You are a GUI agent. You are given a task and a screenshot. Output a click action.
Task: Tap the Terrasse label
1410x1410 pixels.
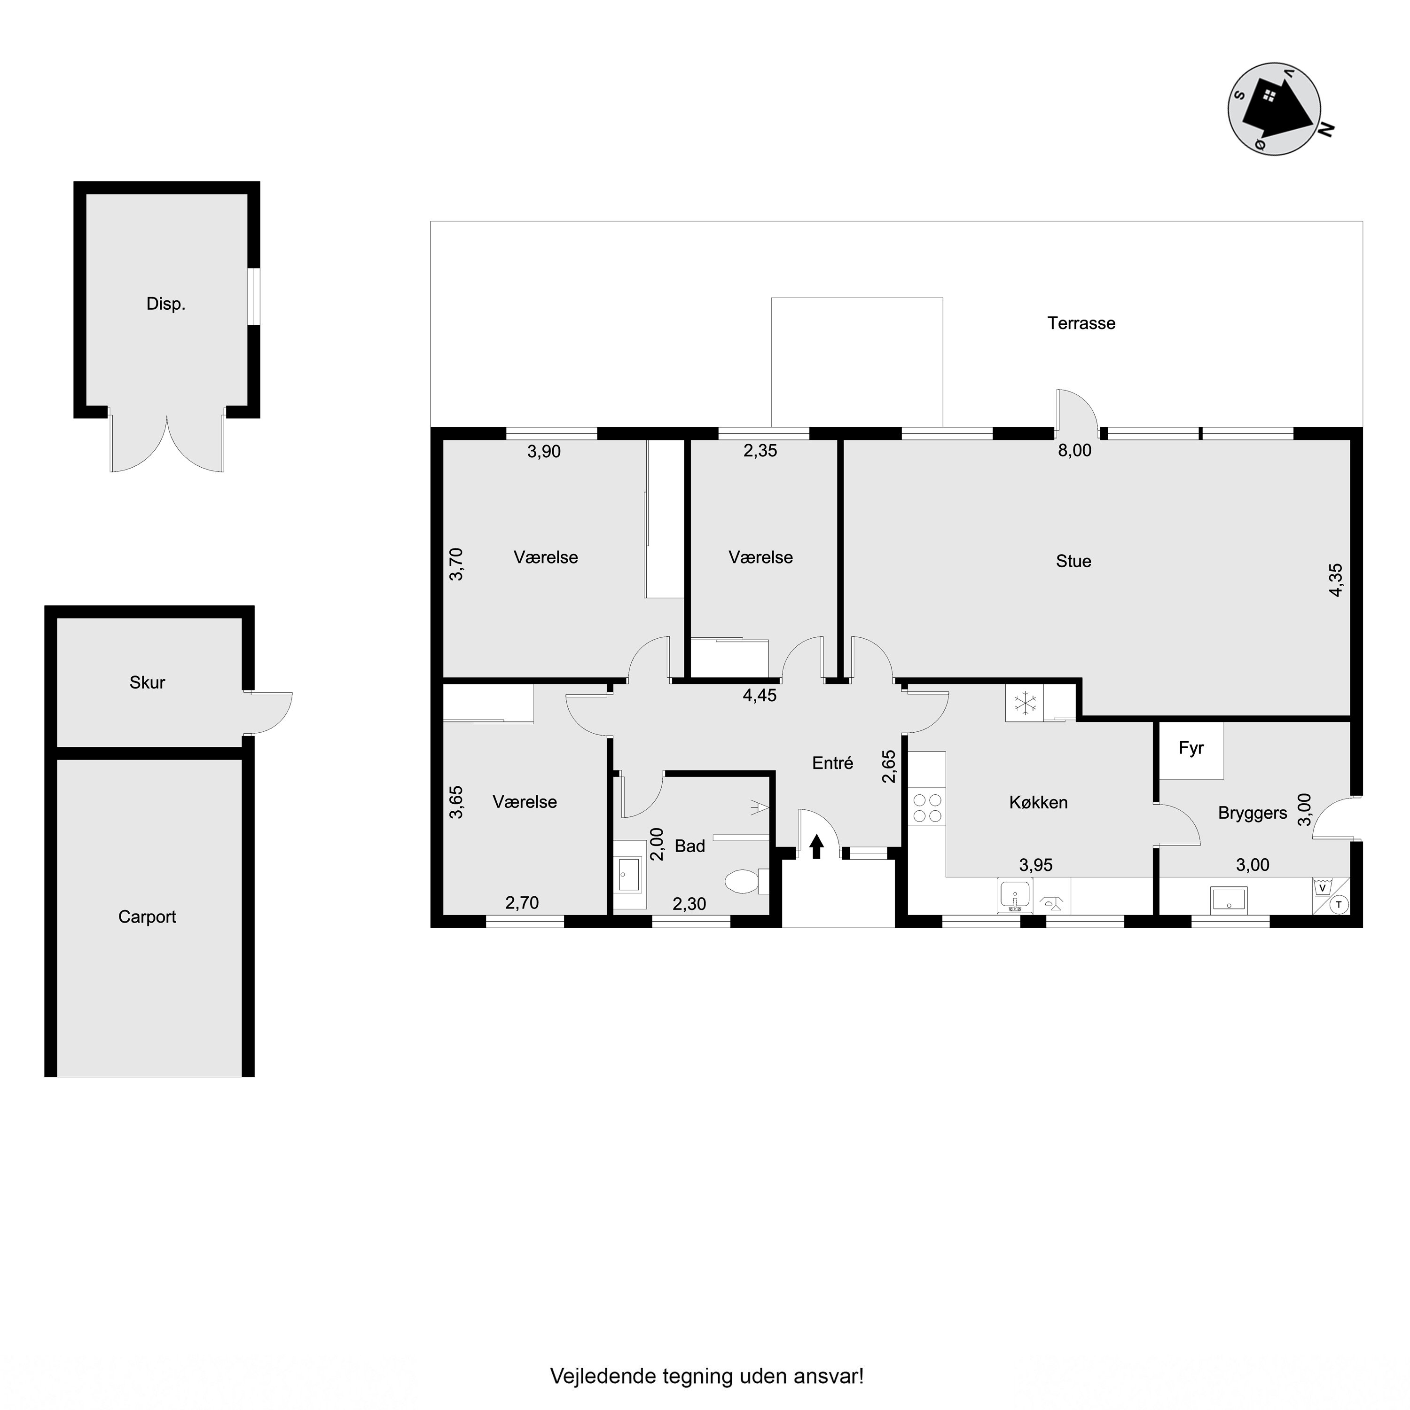[x=1081, y=323]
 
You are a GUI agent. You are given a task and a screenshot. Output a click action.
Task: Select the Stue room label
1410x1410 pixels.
[x=1073, y=561]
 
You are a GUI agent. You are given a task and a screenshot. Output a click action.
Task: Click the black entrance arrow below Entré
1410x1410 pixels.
[x=817, y=846]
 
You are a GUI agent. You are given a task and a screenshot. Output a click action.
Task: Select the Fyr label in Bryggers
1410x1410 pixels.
[x=1191, y=748]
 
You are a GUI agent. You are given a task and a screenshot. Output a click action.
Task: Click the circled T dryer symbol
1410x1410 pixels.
[x=1339, y=905]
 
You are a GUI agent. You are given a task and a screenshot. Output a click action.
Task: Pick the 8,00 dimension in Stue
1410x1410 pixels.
[x=1075, y=450]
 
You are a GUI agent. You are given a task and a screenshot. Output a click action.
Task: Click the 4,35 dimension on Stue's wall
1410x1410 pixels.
[x=1335, y=580]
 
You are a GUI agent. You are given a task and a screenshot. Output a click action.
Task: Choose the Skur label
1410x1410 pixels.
[x=148, y=682]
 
